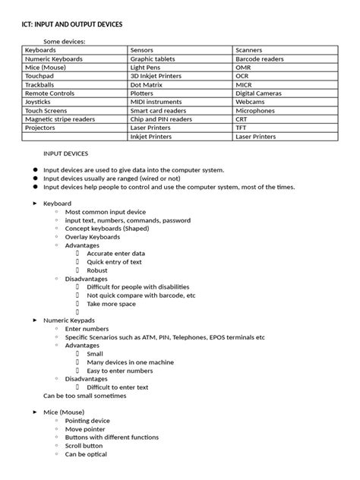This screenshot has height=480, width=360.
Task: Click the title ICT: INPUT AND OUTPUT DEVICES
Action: (71, 25)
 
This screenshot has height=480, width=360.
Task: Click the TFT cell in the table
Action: (242, 128)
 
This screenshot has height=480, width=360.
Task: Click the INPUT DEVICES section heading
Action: (68, 153)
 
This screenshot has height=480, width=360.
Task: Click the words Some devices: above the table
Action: (64, 41)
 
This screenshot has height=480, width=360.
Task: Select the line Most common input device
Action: (106, 212)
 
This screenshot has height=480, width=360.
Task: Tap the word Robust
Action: (97, 270)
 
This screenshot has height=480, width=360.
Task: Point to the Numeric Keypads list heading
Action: (69, 321)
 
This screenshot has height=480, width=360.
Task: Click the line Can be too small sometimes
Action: (84, 396)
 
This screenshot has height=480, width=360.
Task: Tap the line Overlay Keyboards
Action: (93, 237)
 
